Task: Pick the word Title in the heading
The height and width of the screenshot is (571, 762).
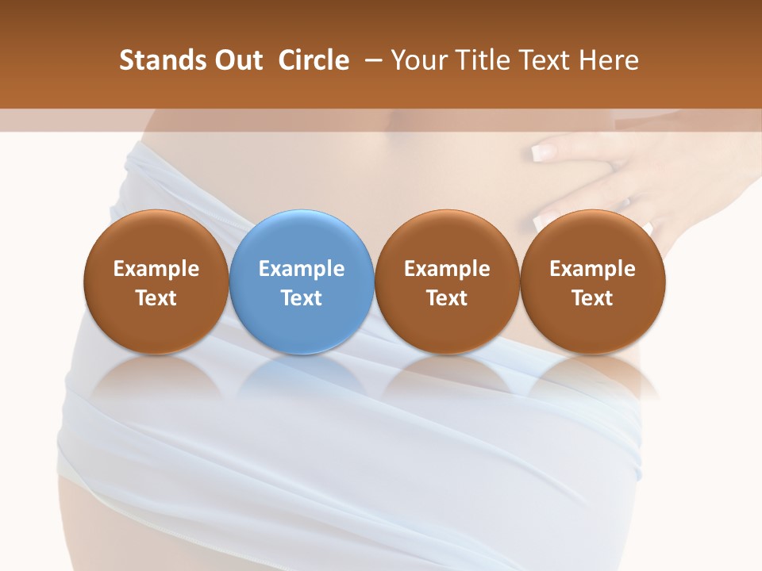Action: click(x=480, y=60)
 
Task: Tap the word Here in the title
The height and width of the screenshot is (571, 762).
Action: click(x=610, y=60)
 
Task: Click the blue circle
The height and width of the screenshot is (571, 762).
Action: click(x=302, y=281)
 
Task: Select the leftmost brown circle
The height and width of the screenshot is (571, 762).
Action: click(x=156, y=281)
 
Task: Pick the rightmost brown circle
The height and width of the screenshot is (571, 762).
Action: click(x=592, y=281)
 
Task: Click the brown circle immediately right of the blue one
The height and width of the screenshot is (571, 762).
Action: click(x=447, y=281)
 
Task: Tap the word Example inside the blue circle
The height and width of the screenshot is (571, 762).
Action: click(x=302, y=269)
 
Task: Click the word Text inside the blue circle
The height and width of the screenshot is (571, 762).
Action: click(x=302, y=298)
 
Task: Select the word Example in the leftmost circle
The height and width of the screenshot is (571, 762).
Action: click(x=156, y=269)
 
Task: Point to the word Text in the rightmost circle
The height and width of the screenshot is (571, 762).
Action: click(x=592, y=298)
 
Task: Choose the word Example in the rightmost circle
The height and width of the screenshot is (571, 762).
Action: click(x=592, y=269)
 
